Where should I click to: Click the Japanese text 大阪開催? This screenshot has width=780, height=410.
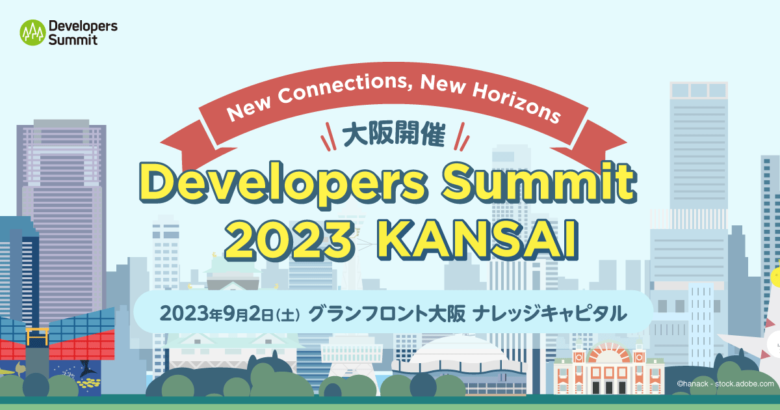click(x=393, y=135)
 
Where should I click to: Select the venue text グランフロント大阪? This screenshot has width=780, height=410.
click(x=386, y=314)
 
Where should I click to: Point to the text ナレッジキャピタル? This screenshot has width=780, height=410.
click(x=549, y=314)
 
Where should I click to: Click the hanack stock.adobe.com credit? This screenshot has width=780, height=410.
click(x=725, y=385)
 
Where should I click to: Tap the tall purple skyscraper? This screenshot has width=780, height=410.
click(x=63, y=215)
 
